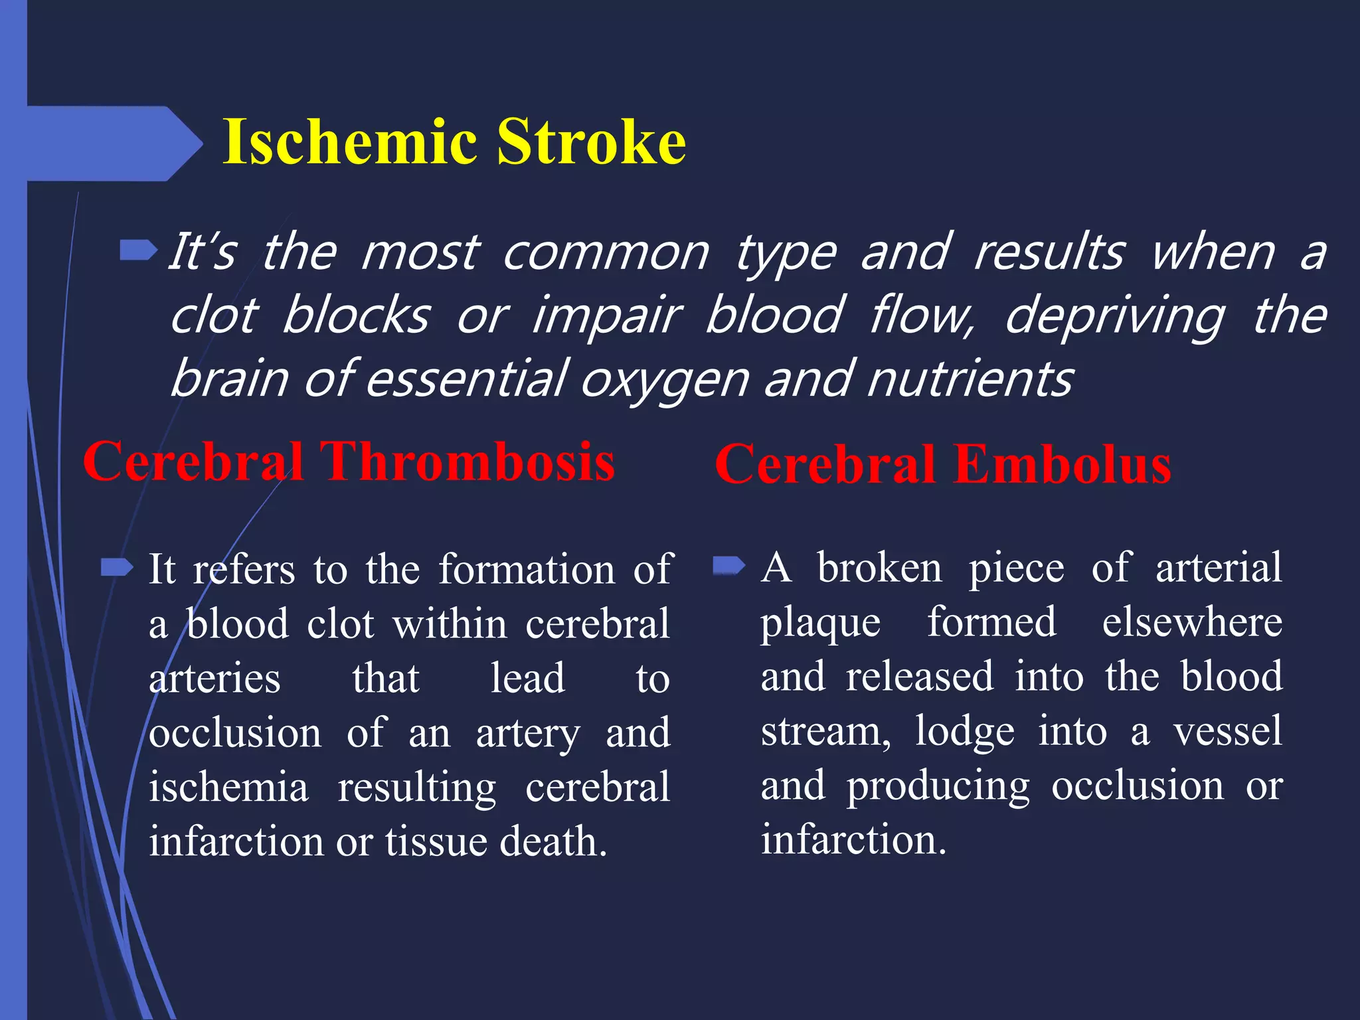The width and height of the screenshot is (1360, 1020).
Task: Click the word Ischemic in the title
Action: click(350, 141)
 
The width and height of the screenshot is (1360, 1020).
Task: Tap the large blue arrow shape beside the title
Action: click(113, 143)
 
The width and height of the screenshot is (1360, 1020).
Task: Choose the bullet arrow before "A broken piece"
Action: click(729, 566)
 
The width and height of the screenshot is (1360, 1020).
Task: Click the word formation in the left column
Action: click(527, 570)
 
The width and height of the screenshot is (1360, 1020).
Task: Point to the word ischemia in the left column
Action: click(228, 788)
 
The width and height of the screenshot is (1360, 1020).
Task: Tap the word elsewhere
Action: click(1192, 622)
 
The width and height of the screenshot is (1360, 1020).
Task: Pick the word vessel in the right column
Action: click(1227, 731)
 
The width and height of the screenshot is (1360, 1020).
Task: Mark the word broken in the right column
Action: click(879, 568)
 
